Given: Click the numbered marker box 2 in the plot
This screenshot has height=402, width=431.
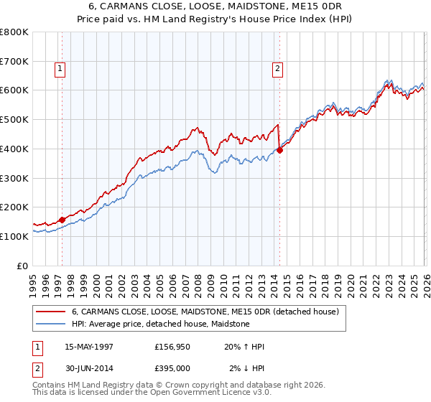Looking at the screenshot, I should pos(277,69).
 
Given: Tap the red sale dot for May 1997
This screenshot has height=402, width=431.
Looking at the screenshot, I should pos(62,220).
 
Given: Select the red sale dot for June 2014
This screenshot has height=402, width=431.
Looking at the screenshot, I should pos(280,150).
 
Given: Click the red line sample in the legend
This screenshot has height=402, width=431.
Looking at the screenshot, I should pos(51,312).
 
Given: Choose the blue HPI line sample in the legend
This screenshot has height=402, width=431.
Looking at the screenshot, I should pos(51,324).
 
